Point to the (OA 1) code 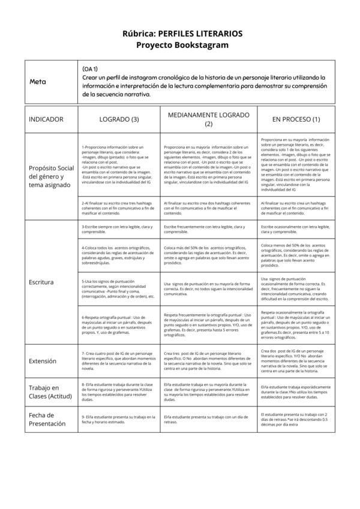pyautogui.click(x=91, y=69)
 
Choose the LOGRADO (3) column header pyautogui.click(x=119, y=119)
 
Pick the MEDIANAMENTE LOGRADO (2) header pyautogui.click(x=208, y=119)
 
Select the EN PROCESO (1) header pyautogui.click(x=296, y=119)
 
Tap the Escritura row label pyautogui.click(x=41, y=281)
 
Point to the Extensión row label pyautogui.click(x=43, y=361)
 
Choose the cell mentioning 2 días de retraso pyautogui.click(x=296, y=419)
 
